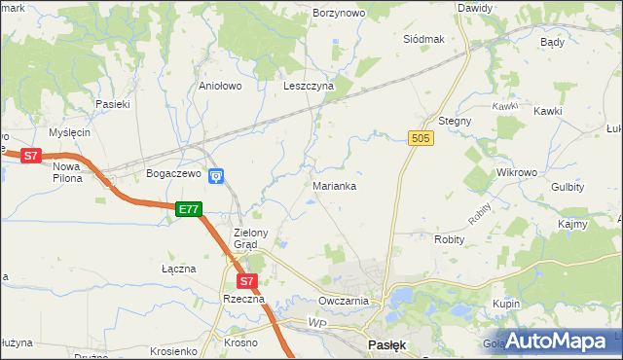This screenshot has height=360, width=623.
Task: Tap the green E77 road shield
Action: point(189,208)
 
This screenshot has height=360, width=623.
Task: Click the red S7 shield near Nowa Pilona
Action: point(30,155)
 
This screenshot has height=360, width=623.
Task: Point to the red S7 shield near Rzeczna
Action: point(247,281)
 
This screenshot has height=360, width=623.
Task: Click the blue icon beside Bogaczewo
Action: point(216,175)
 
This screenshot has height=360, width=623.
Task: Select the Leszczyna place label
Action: point(309,86)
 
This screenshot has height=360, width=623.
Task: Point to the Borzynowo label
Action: point(339,13)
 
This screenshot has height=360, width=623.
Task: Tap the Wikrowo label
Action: point(517,172)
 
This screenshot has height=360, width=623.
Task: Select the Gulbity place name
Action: point(568,187)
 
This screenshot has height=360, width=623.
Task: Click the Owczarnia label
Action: point(343,301)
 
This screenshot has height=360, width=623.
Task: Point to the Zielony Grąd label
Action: point(257,238)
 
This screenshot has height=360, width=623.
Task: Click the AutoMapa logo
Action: point(558,341)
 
